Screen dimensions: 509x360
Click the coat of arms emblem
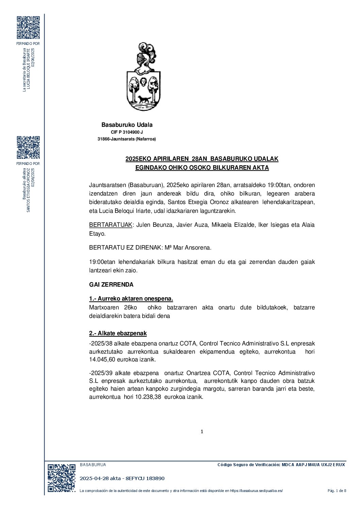tap(143, 77)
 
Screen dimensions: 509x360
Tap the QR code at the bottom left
tap(61, 478)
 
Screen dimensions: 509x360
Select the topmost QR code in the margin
tap(28, 28)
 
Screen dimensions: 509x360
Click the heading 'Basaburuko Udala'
tap(127, 125)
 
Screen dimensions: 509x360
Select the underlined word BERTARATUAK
tap(110, 225)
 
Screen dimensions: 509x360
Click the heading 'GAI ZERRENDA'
tap(111, 285)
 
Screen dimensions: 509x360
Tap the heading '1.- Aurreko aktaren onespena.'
tap(131, 299)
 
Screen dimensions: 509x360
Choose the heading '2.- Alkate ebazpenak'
tap(118, 333)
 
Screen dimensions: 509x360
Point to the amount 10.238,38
tap(148, 397)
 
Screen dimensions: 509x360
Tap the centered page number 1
tap(202, 431)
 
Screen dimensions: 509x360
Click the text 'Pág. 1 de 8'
tap(337, 490)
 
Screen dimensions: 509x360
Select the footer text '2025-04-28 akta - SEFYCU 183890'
tap(122, 478)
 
